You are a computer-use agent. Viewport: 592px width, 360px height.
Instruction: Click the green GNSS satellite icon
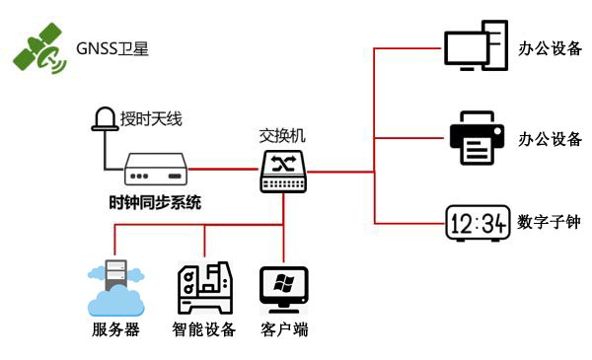[37, 50]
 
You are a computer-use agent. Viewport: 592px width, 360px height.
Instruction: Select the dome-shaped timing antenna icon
[104, 120]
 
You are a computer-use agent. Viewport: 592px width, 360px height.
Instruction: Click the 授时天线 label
[151, 120]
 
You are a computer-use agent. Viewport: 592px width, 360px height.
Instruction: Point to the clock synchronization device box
[156, 169]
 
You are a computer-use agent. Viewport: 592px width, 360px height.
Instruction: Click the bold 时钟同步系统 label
[155, 203]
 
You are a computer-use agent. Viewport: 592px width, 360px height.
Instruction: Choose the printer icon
[476, 138]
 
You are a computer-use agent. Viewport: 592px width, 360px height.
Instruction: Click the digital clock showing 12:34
[477, 223]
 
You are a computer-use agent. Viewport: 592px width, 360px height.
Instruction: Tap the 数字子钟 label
[549, 223]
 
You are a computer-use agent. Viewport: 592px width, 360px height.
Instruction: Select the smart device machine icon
[204, 288]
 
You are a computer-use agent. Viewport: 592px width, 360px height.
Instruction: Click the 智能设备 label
[204, 329]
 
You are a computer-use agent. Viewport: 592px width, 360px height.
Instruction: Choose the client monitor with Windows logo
[284, 288]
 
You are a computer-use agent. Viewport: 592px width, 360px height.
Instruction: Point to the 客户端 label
[284, 329]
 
